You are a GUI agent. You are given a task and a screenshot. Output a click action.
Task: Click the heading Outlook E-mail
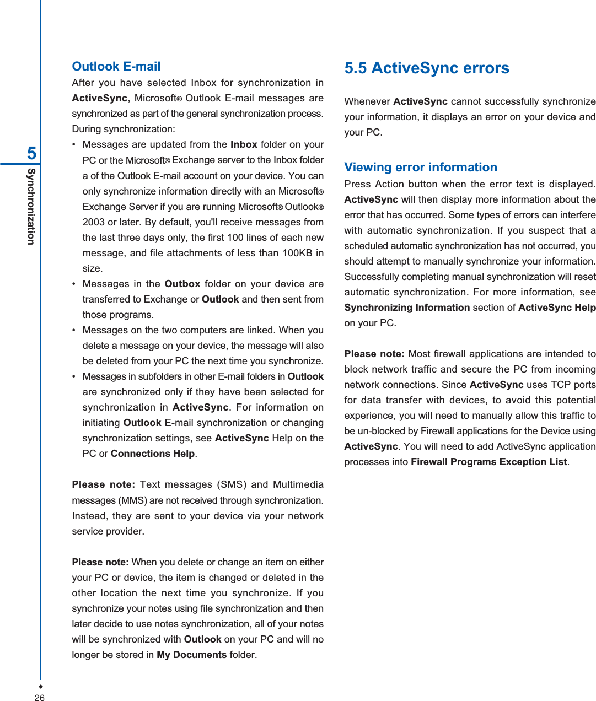pos(116,67)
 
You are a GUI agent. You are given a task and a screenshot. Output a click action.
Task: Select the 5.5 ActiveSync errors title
pos(427,68)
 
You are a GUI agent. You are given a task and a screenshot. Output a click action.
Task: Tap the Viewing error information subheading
pos(421,168)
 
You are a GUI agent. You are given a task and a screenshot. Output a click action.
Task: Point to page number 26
pos(40,698)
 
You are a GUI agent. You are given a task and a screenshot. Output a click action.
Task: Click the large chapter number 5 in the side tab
pos(32,153)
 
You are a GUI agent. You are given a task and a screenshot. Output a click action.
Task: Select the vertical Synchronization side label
pos(31,207)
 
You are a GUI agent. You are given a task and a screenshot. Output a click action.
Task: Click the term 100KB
pos(298,253)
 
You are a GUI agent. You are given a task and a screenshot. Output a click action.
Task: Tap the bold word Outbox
pos(182,284)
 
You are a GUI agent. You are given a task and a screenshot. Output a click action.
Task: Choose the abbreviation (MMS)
pos(132,500)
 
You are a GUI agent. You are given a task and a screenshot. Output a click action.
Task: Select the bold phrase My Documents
pos(191,655)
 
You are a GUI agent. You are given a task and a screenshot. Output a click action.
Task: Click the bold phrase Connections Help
pos(153,454)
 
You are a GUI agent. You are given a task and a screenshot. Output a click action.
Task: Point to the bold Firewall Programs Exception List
pos(488,462)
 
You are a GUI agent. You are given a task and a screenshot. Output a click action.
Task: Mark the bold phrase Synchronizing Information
pos(407,308)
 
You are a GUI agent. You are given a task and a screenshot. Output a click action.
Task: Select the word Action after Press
pos(389,184)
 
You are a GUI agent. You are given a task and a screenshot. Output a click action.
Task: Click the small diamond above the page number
pos(40,687)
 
